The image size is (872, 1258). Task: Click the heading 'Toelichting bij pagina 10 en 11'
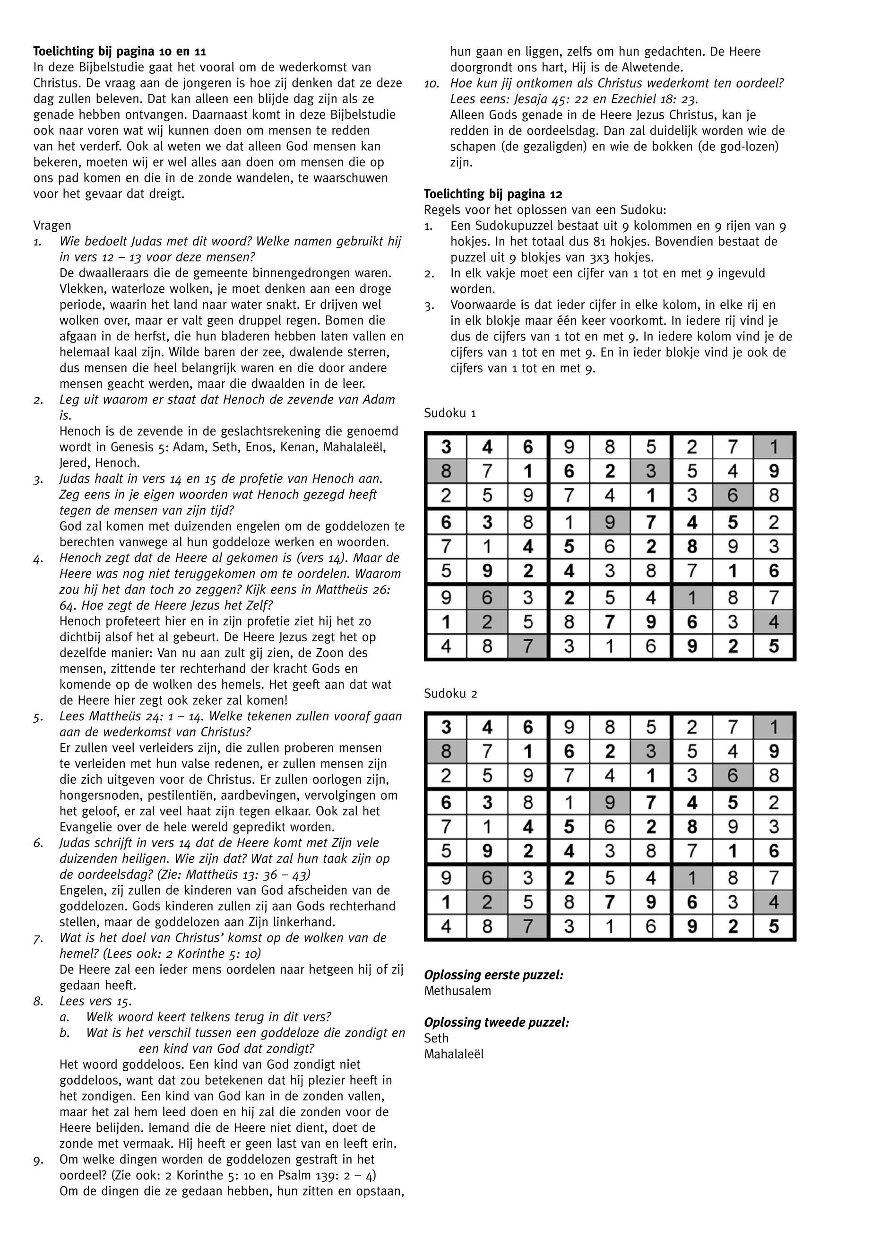pyautogui.click(x=120, y=52)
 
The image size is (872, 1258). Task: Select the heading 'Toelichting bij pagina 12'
pyautogui.click(x=493, y=194)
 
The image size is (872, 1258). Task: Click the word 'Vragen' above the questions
pyautogui.click(x=52, y=226)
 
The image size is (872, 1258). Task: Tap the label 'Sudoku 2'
pyautogui.click(x=451, y=694)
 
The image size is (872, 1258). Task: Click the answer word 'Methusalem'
pyautogui.click(x=458, y=991)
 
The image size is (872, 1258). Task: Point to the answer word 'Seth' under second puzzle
pyautogui.click(x=436, y=1038)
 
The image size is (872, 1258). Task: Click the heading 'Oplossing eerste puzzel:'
pyautogui.click(x=494, y=975)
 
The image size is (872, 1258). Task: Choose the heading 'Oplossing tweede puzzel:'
pyautogui.click(x=497, y=1022)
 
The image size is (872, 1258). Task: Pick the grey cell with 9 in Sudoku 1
pyautogui.click(x=610, y=523)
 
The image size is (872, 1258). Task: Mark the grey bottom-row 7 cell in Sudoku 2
pyautogui.click(x=528, y=926)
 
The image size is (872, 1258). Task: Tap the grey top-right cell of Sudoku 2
pyautogui.click(x=774, y=728)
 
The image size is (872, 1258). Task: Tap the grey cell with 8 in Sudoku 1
pyautogui.click(x=446, y=471)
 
